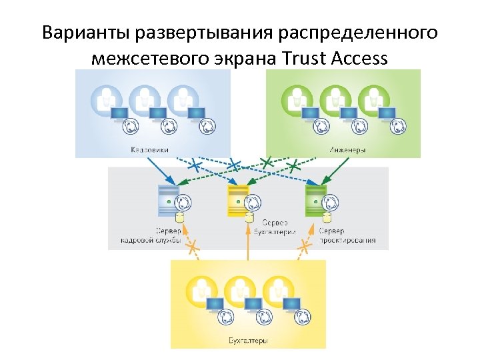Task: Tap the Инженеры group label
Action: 346,149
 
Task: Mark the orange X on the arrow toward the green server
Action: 305,246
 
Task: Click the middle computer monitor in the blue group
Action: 157,113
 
